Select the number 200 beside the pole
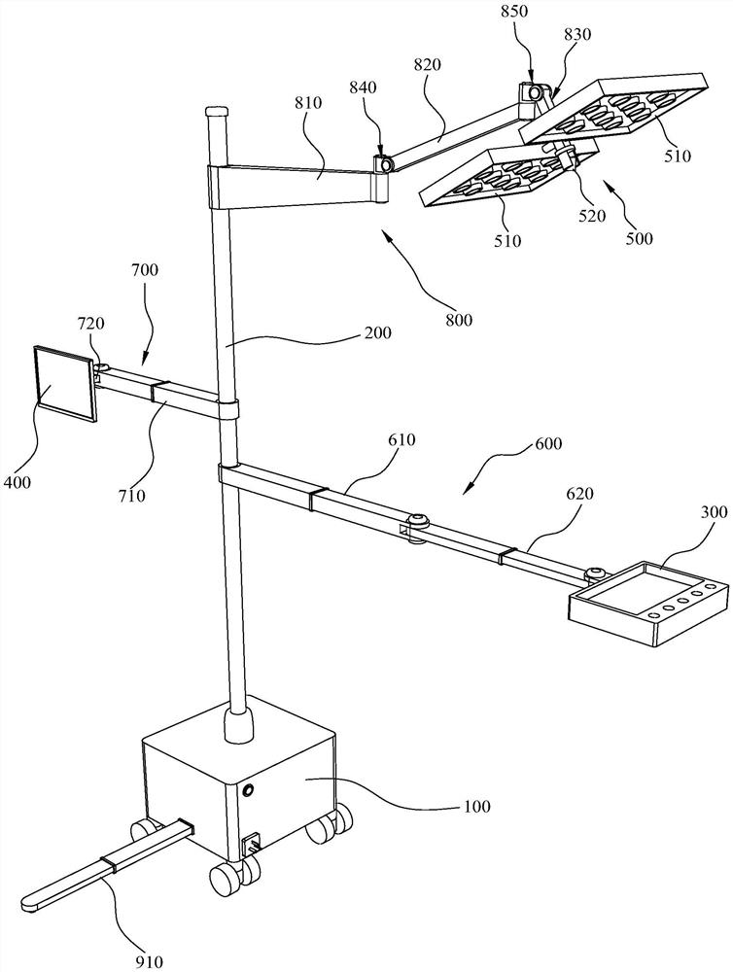pos(377,332)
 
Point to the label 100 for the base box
pos(475,806)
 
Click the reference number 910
pos(149,961)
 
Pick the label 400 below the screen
pos(17,482)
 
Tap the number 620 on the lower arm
pos(578,494)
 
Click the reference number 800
pos(458,320)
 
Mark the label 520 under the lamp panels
pos(591,217)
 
